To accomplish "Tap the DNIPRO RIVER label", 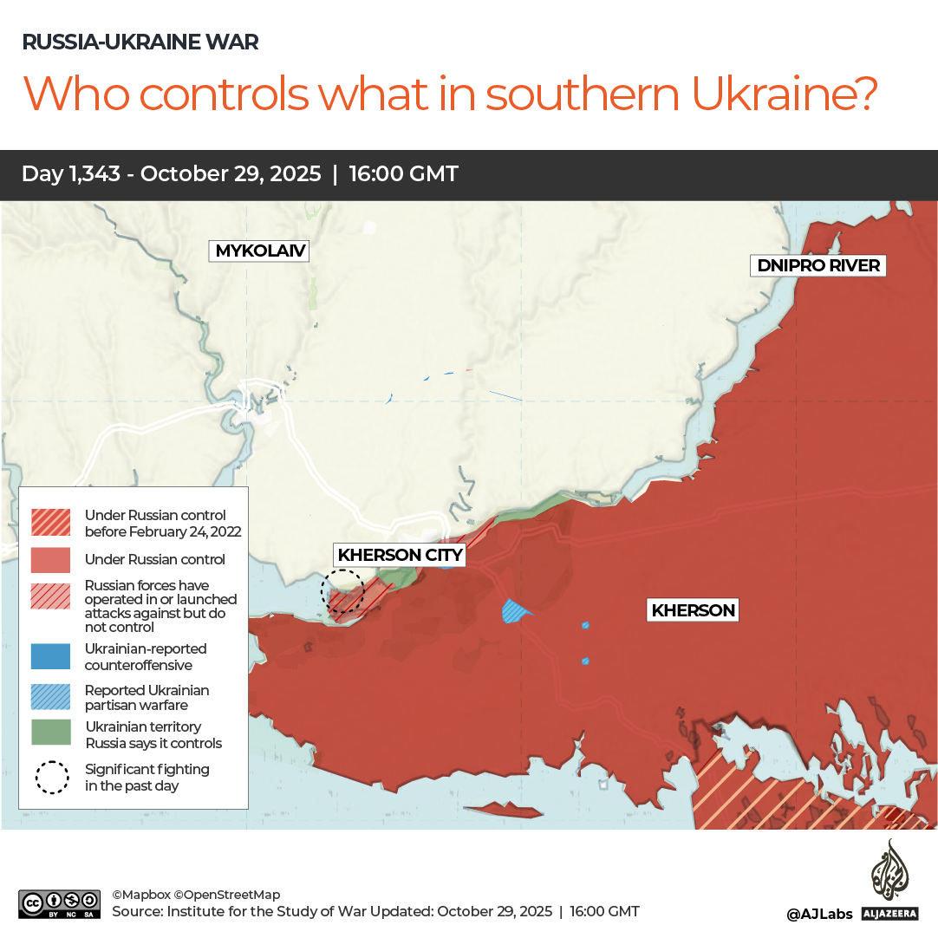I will point(818,265).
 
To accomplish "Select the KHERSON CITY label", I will point(401,555).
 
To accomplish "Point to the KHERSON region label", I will point(693,610).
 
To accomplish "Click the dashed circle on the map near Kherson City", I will point(342,591).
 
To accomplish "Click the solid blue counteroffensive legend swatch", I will point(51,656).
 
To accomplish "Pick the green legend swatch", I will point(51,733).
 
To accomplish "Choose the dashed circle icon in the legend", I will point(52,777).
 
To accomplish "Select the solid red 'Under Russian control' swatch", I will point(51,560).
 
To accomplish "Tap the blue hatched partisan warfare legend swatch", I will point(51,697).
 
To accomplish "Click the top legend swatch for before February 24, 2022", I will point(51,522).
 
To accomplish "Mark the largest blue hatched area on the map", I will point(515,611).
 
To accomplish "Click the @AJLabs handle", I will point(819,914).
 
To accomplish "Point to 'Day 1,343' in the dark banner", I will point(72,174).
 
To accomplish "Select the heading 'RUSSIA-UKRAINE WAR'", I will point(140,42).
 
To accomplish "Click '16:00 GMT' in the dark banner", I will point(403,174).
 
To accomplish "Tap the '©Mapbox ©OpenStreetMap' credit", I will point(196,895).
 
